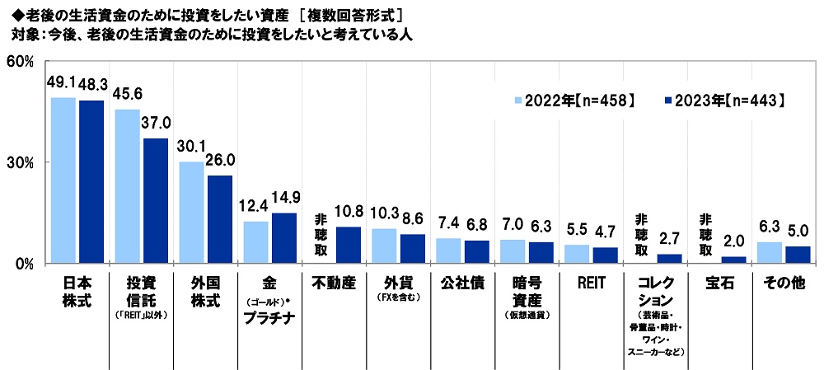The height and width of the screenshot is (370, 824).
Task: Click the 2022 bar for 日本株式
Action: tap(63, 180)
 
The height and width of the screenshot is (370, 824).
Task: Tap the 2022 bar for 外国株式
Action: tap(192, 213)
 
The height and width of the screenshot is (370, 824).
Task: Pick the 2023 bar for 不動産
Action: tap(348, 245)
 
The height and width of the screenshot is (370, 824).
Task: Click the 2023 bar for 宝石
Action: tap(733, 260)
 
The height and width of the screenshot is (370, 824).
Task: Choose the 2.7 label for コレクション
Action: tap(669, 239)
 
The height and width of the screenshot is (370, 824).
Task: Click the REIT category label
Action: tap(591, 283)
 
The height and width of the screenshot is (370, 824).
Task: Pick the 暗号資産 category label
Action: tap(527, 292)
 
